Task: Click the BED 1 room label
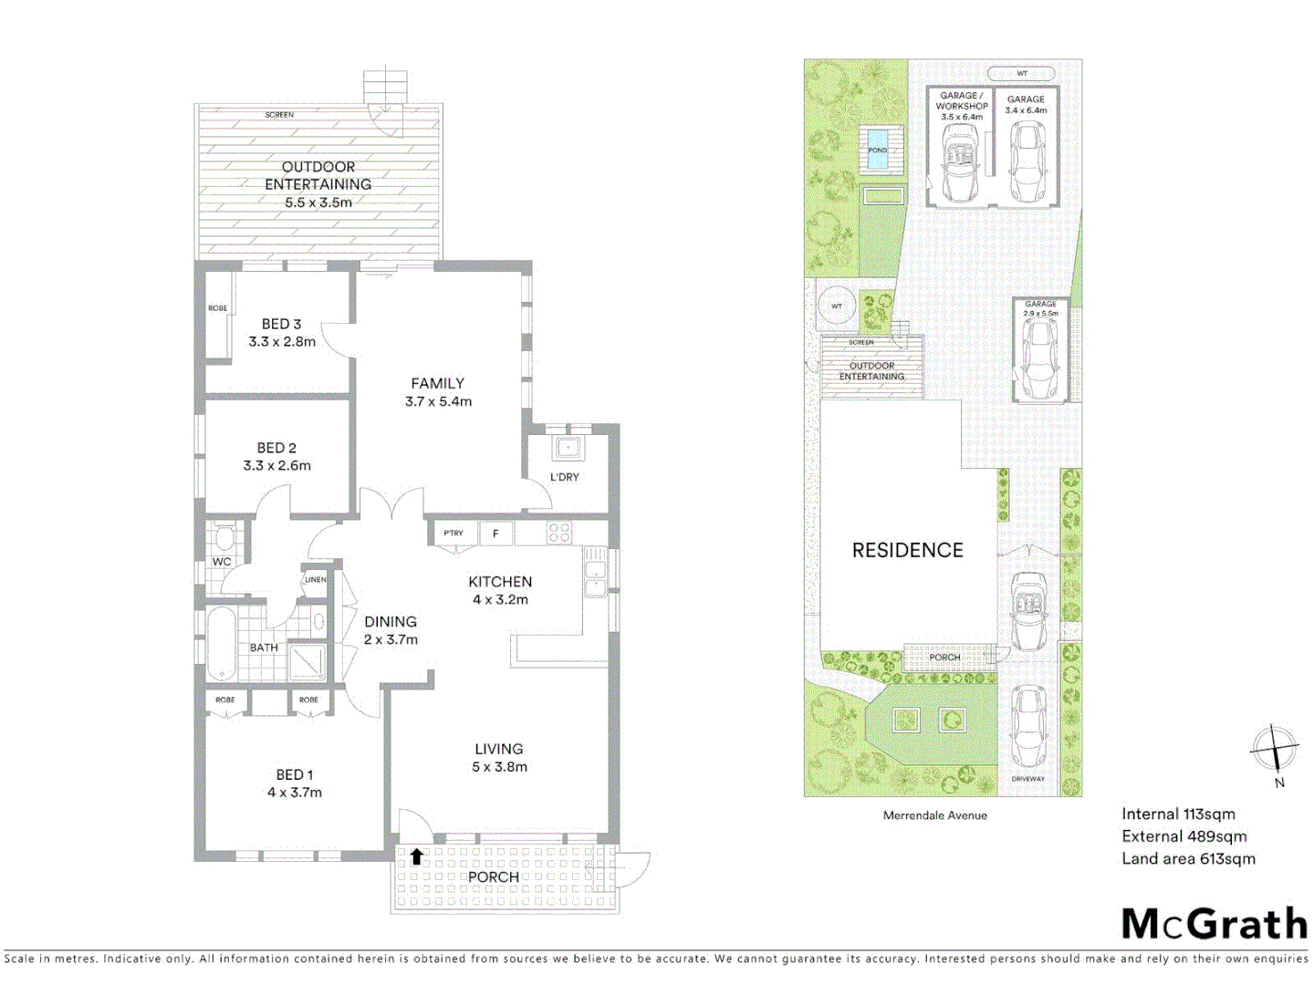pyautogui.click(x=294, y=774)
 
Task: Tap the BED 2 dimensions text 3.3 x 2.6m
pyautogui.click(x=276, y=465)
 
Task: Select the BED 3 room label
pyautogui.click(x=281, y=324)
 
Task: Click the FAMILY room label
pyautogui.click(x=437, y=383)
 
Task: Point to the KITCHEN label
pyautogui.click(x=500, y=582)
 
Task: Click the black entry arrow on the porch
pyautogui.click(x=416, y=856)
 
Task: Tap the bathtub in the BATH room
pyautogui.click(x=221, y=644)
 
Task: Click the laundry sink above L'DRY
pyautogui.click(x=568, y=448)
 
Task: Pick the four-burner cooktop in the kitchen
pyautogui.click(x=558, y=533)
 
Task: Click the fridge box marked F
pyautogui.click(x=495, y=534)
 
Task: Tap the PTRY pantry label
pyautogui.click(x=454, y=534)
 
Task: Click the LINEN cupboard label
pyautogui.click(x=315, y=580)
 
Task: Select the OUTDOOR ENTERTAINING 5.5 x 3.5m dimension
pyautogui.click(x=318, y=202)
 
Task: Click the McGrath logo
pyautogui.click(x=1214, y=923)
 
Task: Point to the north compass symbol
pyautogui.click(x=1274, y=749)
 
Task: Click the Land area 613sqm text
pyautogui.click(x=1188, y=858)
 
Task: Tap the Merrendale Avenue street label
pyautogui.click(x=934, y=815)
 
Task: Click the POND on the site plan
pyautogui.click(x=877, y=151)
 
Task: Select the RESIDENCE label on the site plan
pyautogui.click(x=907, y=550)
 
